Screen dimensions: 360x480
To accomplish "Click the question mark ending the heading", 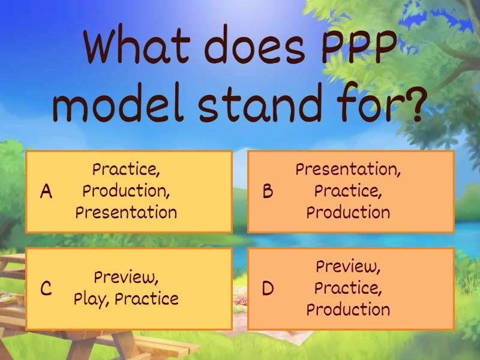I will (408, 104).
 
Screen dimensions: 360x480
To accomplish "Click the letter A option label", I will (46, 191).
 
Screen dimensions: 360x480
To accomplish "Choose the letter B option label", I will (268, 191).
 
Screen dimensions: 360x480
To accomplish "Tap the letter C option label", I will (46, 289).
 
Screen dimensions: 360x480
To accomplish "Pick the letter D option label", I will (268, 289).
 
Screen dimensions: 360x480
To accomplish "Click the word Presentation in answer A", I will (127, 212).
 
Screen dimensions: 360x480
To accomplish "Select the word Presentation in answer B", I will (348, 170).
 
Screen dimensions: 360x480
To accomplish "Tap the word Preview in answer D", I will (348, 266).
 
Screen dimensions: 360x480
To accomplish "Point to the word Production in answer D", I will (348, 310).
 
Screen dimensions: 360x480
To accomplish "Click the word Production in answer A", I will (127, 191).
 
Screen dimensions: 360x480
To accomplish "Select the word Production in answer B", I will (348, 212).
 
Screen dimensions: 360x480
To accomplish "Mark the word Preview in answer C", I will (127, 278).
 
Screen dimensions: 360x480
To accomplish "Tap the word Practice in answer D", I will (348, 288).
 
